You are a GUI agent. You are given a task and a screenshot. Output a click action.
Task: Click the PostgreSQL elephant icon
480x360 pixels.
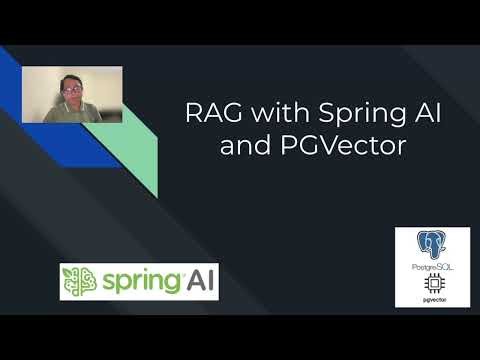point(432,248)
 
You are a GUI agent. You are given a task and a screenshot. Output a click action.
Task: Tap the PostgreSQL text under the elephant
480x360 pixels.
point(432,268)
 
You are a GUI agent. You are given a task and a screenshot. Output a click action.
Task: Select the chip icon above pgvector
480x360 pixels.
point(432,284)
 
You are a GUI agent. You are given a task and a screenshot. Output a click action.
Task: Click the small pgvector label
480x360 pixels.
point(432,299)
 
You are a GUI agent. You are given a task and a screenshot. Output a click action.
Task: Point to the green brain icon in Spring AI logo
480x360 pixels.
point(79,282)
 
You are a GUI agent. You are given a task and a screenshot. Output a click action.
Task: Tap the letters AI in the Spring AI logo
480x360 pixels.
point(200,281)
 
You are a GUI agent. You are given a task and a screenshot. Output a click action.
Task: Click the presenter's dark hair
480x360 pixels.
point(70,79)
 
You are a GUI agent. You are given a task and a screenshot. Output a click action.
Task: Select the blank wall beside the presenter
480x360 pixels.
point(105,85)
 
